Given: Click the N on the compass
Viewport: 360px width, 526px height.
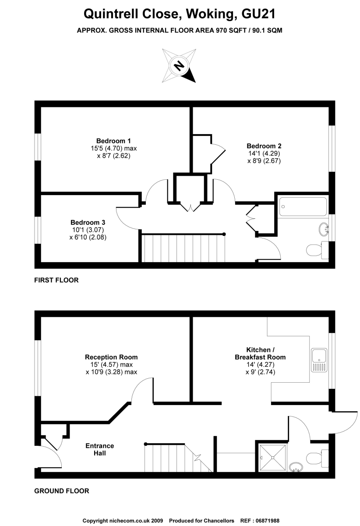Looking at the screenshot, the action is click(179, 65).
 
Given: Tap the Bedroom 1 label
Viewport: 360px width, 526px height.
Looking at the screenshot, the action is click(113, 141).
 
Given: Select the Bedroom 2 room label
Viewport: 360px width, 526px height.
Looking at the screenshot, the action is click(264, 146).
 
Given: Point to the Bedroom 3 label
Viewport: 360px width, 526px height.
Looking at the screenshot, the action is click(88, 222).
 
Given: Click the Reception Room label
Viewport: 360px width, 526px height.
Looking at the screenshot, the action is click(111, 357).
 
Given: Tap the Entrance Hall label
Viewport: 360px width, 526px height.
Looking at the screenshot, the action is click(100, 449).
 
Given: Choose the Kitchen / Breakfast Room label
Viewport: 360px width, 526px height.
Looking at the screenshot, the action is click(260, 353).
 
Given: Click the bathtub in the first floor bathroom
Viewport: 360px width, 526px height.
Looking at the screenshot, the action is click(303, 206).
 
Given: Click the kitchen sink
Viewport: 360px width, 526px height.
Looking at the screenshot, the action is click(319, 360).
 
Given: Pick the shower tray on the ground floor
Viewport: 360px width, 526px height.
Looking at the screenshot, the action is click(273, 458).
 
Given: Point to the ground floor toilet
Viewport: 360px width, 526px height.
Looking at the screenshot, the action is click(317, 458).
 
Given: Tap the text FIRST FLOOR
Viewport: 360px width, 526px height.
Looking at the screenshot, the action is click(56, 280).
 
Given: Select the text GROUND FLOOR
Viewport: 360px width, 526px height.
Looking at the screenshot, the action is click(62, 491).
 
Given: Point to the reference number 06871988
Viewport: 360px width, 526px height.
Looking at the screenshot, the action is click(267, 521).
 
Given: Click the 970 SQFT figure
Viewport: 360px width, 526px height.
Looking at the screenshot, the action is click(231, 30).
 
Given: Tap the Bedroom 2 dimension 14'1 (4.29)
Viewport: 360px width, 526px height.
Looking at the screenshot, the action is click(264, 153).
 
